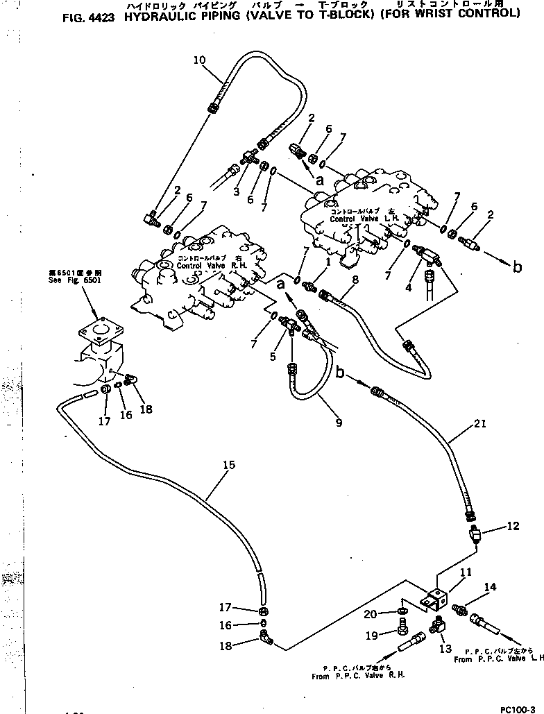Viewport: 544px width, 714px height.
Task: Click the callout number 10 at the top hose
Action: [x=199, y=60]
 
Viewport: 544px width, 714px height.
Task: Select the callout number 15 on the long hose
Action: [x=230, y=466]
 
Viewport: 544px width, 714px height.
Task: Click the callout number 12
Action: [x=512, y=527]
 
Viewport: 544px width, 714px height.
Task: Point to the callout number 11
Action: [x=466, y=572]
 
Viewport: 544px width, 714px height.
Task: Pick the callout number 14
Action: [x=490, y=587]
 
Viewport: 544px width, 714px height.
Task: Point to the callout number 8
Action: [x=356, y=280]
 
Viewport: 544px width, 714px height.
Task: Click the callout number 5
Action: [x=273, y=357]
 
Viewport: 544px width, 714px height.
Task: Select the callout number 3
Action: [x=237, y=192]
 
